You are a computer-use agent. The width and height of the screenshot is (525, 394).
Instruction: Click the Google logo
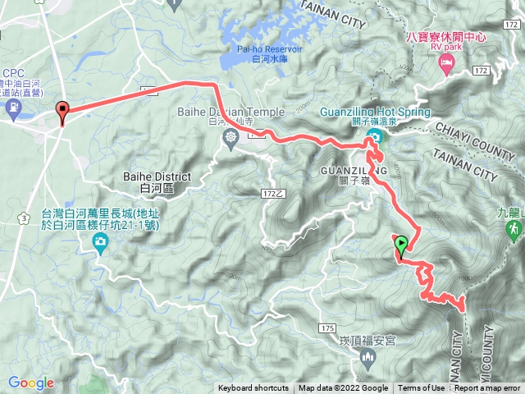point(30,383)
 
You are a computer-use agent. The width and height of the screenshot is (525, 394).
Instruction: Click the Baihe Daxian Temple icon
point(231,135)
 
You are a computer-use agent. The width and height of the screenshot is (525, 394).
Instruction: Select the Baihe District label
point(156,181)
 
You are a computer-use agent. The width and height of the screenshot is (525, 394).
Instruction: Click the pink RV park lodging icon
point(447,63)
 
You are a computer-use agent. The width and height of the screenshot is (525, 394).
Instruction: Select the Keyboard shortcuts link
point(253,388)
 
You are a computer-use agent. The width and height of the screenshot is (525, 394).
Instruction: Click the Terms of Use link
point(422,388)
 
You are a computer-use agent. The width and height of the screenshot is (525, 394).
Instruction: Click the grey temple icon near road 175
point(367,355)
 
